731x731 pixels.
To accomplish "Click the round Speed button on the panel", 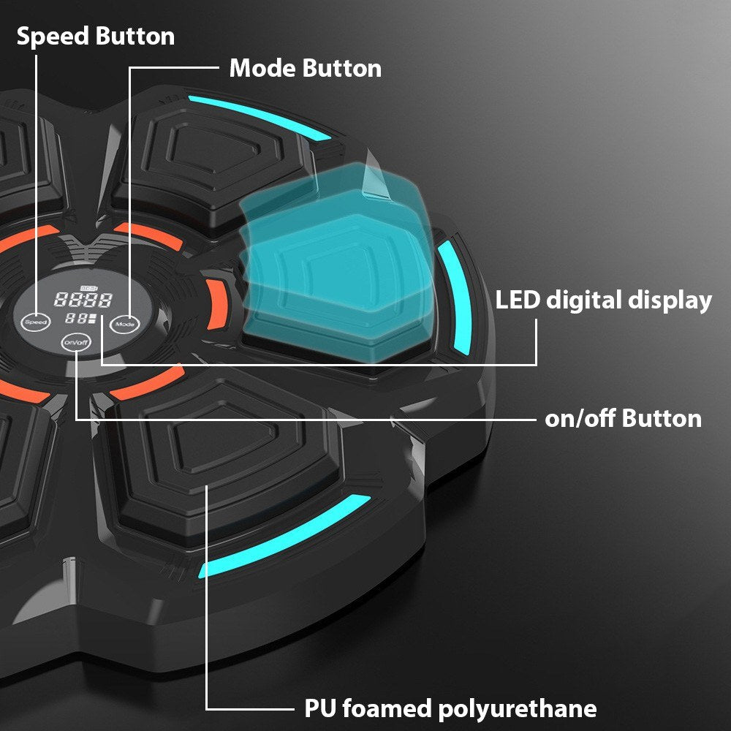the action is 35,322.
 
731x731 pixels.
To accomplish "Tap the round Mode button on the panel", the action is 125,324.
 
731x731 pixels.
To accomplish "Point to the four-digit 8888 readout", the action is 83,300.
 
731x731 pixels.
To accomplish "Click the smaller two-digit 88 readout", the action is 77,319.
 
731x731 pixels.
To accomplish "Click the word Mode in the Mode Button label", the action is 263,68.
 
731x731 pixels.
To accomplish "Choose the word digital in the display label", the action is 583,300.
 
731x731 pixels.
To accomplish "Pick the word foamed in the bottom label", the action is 387,708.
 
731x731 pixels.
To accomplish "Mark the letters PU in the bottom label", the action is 321,709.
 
